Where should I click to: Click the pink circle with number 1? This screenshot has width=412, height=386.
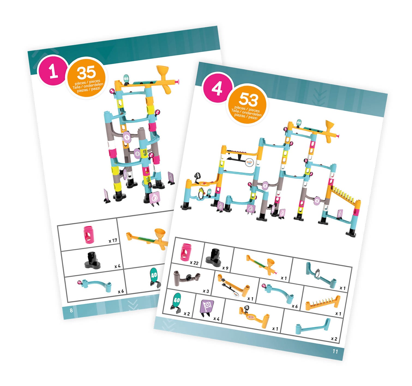[x=53, y=70]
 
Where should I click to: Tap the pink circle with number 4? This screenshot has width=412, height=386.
[x=217, y=88]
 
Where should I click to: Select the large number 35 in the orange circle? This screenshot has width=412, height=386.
[x=86, y=73]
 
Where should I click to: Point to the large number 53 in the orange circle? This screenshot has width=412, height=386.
[x=248, y=99]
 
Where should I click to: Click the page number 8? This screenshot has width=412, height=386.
[x=71, y=310]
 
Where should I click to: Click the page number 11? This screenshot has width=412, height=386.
[x=335, y=351]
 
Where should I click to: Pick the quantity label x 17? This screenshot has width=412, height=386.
[x=113, y=240]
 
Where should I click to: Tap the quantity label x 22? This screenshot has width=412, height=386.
[x=194, y=263]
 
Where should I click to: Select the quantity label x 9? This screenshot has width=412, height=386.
[x=225, y=268]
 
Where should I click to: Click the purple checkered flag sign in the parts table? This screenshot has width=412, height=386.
[x=206, y=308]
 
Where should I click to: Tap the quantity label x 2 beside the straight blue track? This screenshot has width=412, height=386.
[x=334, y=339]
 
